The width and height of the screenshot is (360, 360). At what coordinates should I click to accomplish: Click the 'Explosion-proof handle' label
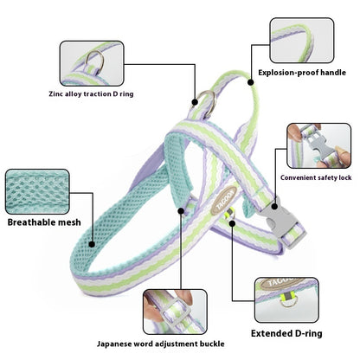302,73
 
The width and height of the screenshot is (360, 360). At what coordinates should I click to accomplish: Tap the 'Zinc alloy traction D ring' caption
91,94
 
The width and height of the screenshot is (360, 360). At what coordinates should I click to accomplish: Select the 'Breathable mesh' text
44,222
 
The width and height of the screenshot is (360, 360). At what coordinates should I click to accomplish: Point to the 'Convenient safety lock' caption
316,177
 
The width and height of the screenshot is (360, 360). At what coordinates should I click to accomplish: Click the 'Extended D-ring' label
286,333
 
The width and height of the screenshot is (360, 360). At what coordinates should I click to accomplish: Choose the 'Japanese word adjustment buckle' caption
161,344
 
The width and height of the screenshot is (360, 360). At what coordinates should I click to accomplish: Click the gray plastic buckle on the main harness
283,222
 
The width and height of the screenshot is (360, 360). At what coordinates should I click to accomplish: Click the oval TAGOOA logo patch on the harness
224,201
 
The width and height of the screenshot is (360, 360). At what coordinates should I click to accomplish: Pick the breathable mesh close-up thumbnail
37,191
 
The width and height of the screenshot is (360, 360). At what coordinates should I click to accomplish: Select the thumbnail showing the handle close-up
302,41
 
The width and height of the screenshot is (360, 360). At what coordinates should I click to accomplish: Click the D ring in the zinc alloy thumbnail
96,61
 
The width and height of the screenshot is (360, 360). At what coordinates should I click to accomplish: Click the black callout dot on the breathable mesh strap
92,244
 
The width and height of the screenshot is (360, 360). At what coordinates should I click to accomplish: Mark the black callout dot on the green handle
251,82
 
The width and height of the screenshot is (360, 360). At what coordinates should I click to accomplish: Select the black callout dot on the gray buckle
274,207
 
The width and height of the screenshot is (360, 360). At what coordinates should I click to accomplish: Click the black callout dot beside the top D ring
195,102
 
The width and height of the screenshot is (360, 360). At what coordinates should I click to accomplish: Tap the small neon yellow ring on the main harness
230,214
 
